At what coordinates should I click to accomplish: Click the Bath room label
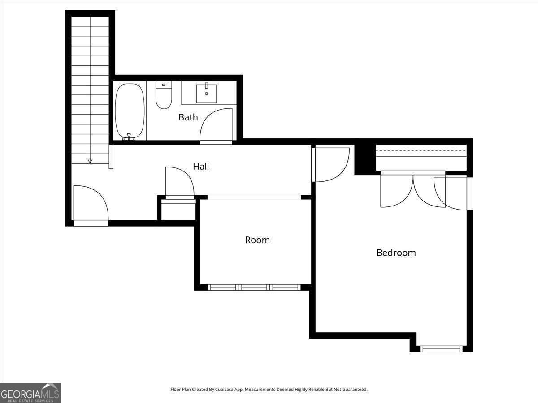(188, 117)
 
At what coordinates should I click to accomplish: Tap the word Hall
(201, 167)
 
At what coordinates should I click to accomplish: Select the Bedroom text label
(396, 253)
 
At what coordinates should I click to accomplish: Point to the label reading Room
(257, 240)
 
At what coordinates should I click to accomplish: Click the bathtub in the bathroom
(130, 111)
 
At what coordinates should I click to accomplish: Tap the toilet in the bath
(164, 95)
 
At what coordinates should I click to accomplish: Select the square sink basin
(207, 94)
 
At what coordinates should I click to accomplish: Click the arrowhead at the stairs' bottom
(90, 161)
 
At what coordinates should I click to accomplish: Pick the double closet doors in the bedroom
(413, 189)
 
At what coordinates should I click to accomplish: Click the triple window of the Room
(254, 287)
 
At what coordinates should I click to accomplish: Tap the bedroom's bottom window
(441, 349)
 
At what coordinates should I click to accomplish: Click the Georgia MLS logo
(30, 393)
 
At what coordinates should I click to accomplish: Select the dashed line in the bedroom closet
(421, 150)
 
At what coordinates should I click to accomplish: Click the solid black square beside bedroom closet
(365, 159)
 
